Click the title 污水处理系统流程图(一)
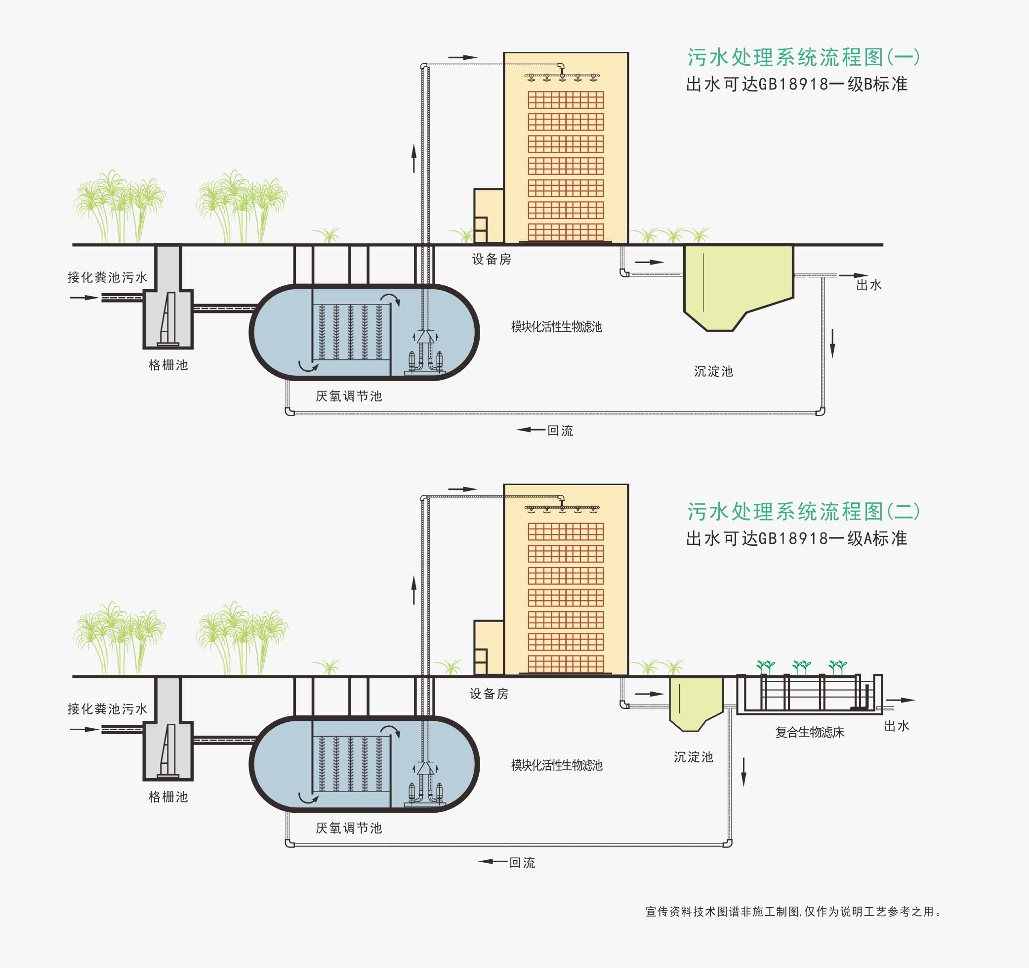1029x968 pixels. [803, 57]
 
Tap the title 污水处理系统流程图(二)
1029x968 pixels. [803, 512]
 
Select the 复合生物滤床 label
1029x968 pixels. [810, 732]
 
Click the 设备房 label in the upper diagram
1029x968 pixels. [491, 259]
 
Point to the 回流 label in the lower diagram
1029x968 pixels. [522, 862]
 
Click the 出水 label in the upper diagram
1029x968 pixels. [868, 285]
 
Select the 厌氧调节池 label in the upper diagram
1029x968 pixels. [349, 396]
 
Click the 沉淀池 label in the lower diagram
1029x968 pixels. [693, 757]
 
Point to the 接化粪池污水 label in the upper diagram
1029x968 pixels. [107, 278]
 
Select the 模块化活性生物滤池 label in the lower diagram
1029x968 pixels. [556, 765]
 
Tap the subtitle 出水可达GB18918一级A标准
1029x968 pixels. [796, 539]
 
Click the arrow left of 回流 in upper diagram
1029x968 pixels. [531, 430]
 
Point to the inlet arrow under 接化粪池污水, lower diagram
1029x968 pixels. [84, 729]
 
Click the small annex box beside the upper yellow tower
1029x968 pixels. [488, 216]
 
